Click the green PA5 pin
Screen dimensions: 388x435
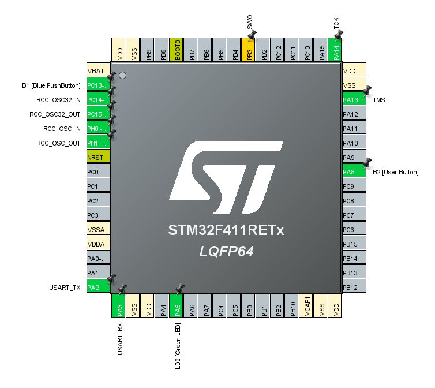pyautogui.click(x=178, y=305)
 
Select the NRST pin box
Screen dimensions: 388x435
pyautogui.click(x=98, y=158)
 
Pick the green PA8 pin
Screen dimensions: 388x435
pyautogui.click(x=354, y=172)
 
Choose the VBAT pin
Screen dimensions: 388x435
pyautogui.click(x=98, y=71)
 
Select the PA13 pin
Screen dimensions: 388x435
pyautogui.click(x=354, y=100)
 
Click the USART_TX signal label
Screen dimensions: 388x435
pyautogui.click(x=65, y=288)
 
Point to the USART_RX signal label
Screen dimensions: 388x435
pyautogui.click(x=120, y=339)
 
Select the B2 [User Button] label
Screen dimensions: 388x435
pyautogui.click(x=395, y=172)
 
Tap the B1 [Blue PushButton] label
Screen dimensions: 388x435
pyautogui.click(x=51, y=85)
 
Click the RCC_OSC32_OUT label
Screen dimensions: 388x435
pyautogui.click(x=55, y=114)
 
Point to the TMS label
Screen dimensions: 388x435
pyautogui.click(x=379, y=100)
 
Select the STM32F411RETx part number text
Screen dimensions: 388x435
pyautogui.click(x=226, y=231)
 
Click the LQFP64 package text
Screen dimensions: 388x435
pyautogui.click(x=226, y=252)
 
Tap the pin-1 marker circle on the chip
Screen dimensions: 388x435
pyautogui.click(x=122, y=76)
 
